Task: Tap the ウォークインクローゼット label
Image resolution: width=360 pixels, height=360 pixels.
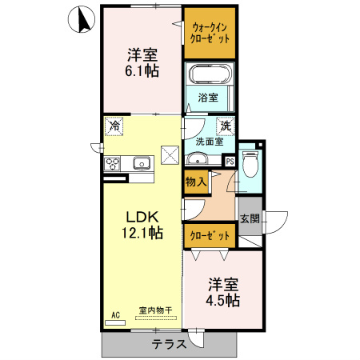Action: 210,32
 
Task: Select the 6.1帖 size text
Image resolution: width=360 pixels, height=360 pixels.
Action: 142,71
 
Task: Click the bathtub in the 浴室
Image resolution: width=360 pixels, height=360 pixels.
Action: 210,76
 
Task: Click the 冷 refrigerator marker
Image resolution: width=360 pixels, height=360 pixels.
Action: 115,126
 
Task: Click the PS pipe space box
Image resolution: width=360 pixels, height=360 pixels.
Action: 230,161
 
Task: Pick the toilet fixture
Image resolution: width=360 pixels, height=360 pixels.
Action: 250,164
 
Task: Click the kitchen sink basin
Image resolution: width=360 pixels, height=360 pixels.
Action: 142,164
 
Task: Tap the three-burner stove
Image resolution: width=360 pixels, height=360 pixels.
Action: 112,165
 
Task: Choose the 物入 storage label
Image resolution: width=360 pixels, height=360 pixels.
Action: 196,182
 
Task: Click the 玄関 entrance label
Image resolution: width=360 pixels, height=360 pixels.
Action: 250,217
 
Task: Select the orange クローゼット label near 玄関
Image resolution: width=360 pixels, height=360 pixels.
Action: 209,236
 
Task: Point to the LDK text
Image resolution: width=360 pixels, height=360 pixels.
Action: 141,216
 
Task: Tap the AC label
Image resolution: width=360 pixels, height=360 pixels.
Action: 115,314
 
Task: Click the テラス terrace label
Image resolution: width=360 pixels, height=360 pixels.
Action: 170,344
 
